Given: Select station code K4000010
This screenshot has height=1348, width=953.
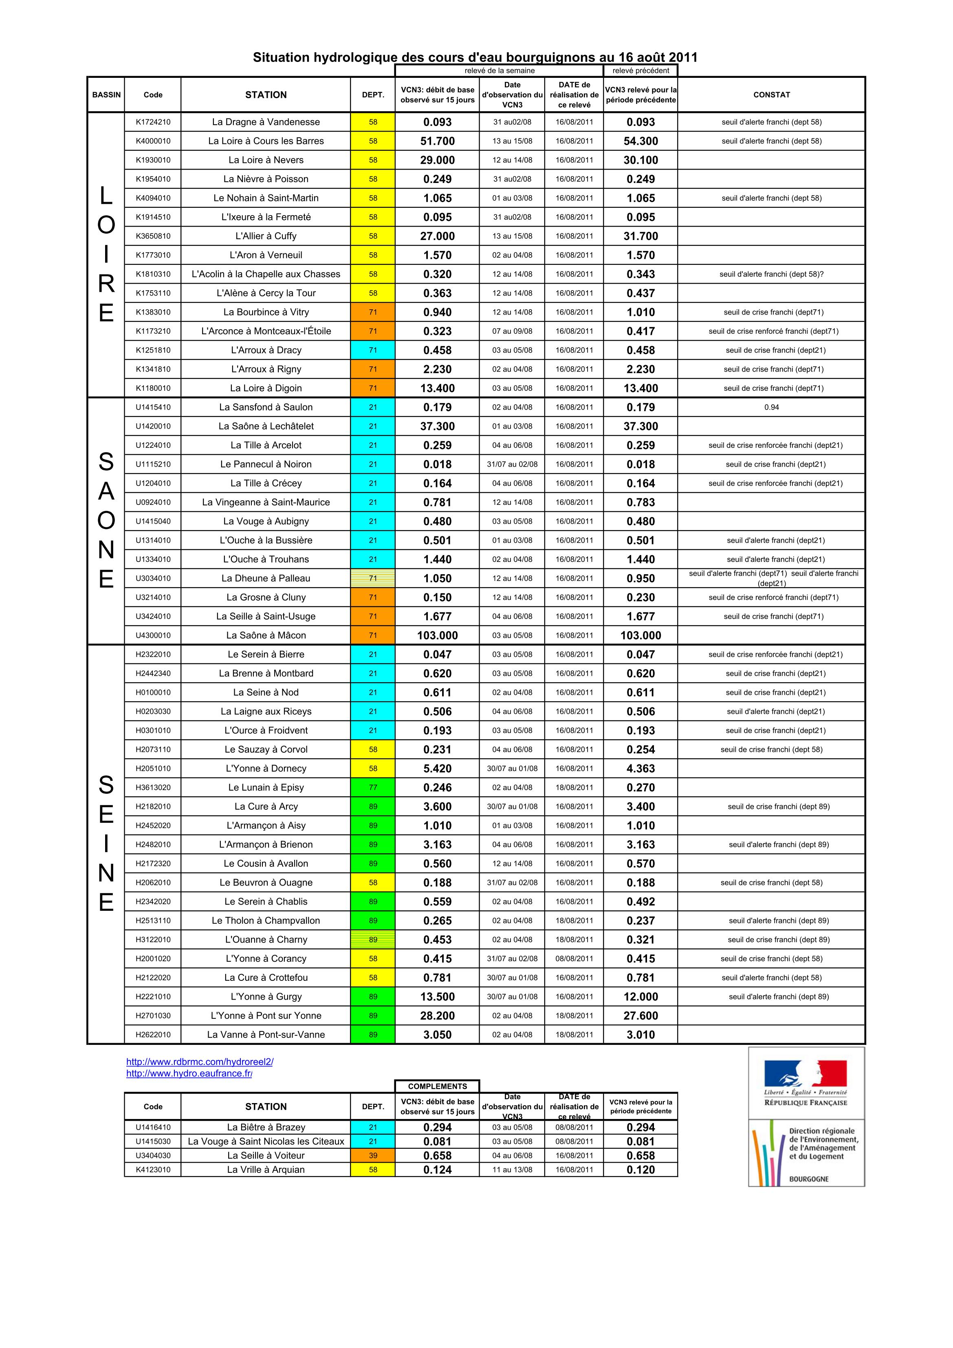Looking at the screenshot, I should [x=153, y=141].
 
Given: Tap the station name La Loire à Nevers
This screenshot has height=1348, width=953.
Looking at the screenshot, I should [x=266, y=160].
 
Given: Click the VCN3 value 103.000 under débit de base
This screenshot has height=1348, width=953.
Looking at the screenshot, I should [x=438, y=635].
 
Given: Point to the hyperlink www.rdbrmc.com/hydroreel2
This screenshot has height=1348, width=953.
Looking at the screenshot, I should [x=200, y=1062].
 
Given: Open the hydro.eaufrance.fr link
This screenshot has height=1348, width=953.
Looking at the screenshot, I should [x=189, y=1073].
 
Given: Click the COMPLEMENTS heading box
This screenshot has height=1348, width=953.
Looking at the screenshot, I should [x=438, y=1086].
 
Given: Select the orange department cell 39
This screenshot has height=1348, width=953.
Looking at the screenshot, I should [x=373, y=1155].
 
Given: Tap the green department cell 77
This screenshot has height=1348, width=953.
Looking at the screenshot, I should [x=373, y=787].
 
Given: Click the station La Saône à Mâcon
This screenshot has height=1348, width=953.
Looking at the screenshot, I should [x=266, y=635].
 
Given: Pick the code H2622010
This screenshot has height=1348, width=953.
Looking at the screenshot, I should [x=153, y=1035].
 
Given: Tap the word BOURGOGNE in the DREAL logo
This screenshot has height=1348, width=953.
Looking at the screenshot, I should [x=808, y=1178].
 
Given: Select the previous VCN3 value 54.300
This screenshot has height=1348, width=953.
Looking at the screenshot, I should [x=640, y=141].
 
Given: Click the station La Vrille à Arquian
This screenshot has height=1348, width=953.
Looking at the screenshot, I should [x=266, y=1170].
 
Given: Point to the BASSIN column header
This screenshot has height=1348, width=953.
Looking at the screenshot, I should [x=106, y=95].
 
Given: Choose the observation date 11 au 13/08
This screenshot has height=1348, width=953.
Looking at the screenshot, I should [x=512, y=1170].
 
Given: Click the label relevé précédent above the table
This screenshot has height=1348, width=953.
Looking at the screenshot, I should [x=640, y=70].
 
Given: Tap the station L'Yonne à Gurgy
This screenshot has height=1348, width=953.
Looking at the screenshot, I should [x=266, y=996].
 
